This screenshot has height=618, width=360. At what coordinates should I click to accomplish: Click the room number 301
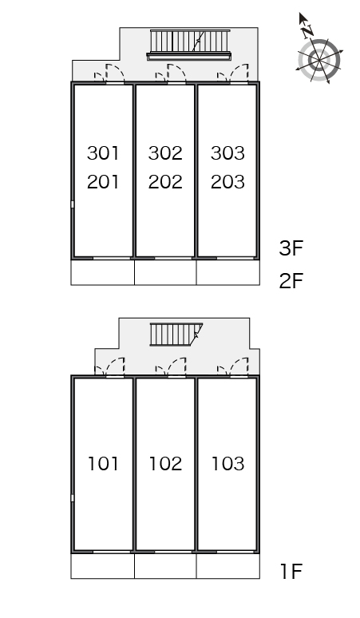tap(103, 153)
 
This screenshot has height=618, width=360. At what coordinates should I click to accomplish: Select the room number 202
tap(165, 182)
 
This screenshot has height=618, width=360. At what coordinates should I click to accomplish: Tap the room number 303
tap(227, 153)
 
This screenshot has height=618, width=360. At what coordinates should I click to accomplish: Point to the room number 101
tap(103, 463)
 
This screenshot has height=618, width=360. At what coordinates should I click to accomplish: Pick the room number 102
tap(165, 463)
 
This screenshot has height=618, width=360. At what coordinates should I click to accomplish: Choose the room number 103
tap(227, 463)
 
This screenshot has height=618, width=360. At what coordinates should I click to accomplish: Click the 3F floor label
tap(291, 248)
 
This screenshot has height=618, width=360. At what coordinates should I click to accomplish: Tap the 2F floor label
tap(291, 280)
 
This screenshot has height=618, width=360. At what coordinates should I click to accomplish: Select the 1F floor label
tap(291, 571)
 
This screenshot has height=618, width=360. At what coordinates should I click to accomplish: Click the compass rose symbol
tap(318, 61)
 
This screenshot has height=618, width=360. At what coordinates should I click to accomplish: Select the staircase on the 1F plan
tap(176, 335)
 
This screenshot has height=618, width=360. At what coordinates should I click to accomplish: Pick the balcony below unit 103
tap(228, 566)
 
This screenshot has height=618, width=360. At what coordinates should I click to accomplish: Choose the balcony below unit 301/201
tap(103, 272)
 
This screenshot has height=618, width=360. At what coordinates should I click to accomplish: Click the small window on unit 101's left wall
tap(73, 498)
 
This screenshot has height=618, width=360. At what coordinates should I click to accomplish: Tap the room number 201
tap(103, 182)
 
